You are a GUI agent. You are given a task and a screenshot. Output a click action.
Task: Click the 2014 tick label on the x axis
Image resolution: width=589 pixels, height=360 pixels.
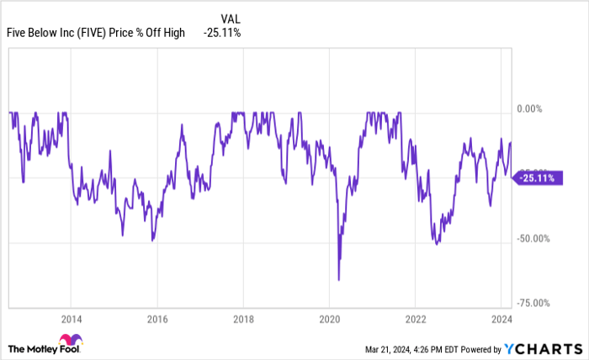tap(71, 319)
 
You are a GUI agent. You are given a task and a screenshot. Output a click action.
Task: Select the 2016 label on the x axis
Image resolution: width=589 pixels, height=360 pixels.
tap(157, 319)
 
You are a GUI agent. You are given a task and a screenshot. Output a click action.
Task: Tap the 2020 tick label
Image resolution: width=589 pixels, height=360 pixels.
tap(329, 319)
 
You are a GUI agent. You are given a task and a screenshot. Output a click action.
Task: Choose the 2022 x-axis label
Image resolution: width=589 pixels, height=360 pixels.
tap(415, 319)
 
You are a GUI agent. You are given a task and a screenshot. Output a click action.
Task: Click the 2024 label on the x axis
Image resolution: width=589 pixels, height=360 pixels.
tap(501, 319)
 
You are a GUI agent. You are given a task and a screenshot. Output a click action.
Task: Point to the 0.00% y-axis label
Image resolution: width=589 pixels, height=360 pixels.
tap(533, 109)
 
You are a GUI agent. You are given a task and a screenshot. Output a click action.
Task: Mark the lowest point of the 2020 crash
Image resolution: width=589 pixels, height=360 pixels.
tap(339, 280)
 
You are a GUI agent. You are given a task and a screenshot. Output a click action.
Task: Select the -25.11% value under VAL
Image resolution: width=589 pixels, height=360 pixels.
tap(223, 32)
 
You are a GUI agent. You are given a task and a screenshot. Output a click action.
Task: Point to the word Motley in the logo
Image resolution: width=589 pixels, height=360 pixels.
tap(43, 348)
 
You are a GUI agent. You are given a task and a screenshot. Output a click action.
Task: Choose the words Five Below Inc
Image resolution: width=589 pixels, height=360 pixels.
tap(40, 32)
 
